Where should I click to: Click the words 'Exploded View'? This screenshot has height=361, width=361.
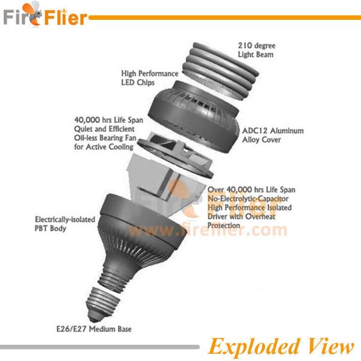click(281, 347)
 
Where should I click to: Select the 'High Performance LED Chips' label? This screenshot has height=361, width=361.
click(146, 77)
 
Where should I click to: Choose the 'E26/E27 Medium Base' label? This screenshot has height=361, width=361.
click(99, 329)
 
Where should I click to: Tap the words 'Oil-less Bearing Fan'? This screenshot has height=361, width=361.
click(109, 138)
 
